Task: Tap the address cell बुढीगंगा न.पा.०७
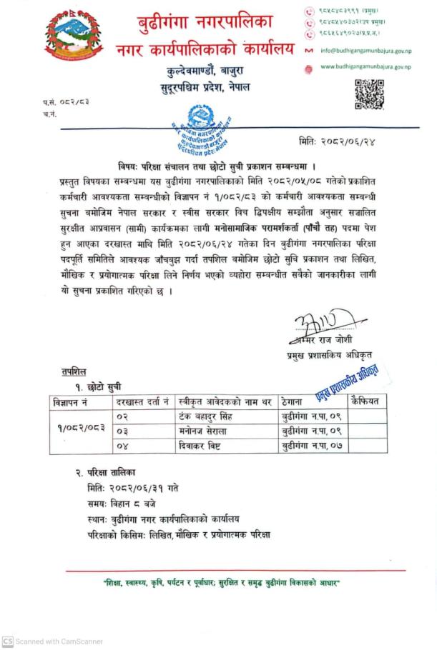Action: tap(309, 446)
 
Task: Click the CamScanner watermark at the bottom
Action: tap(54, 641)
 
